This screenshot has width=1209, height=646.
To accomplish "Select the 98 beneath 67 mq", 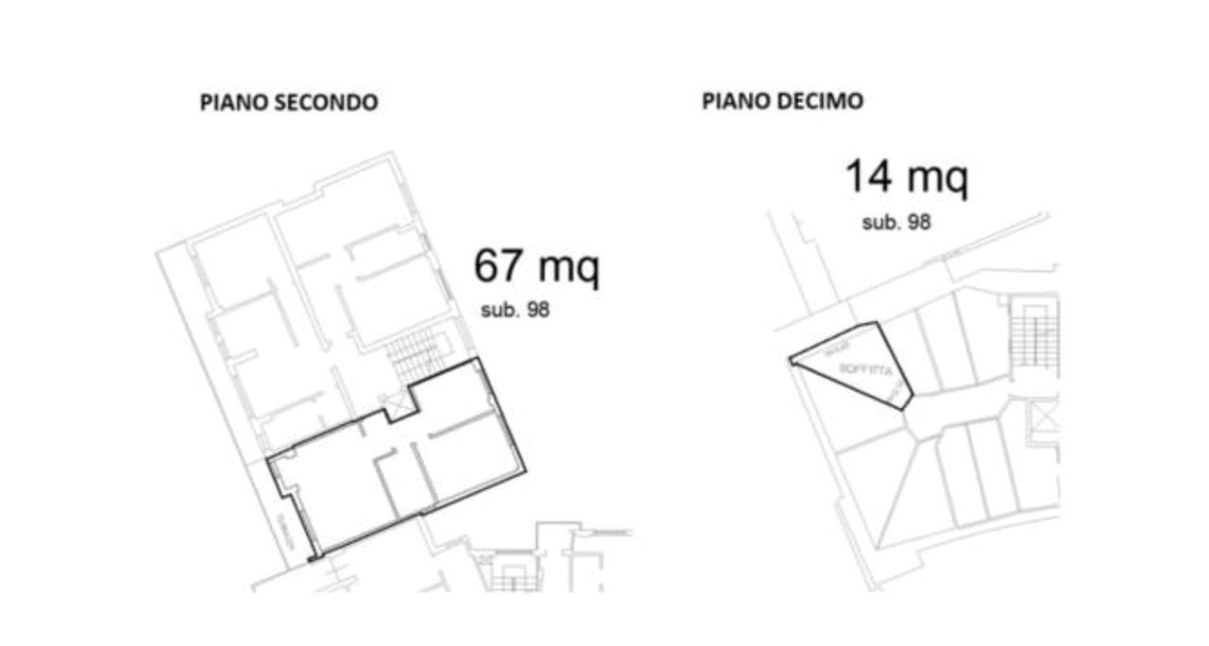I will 537,311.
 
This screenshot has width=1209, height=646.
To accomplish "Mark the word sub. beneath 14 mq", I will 880,223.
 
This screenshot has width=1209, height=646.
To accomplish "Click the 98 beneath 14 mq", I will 918,223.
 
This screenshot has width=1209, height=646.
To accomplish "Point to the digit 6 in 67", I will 487,266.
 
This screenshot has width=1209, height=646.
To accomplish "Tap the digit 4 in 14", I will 879,177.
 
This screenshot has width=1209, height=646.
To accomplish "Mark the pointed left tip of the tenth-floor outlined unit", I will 791,359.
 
